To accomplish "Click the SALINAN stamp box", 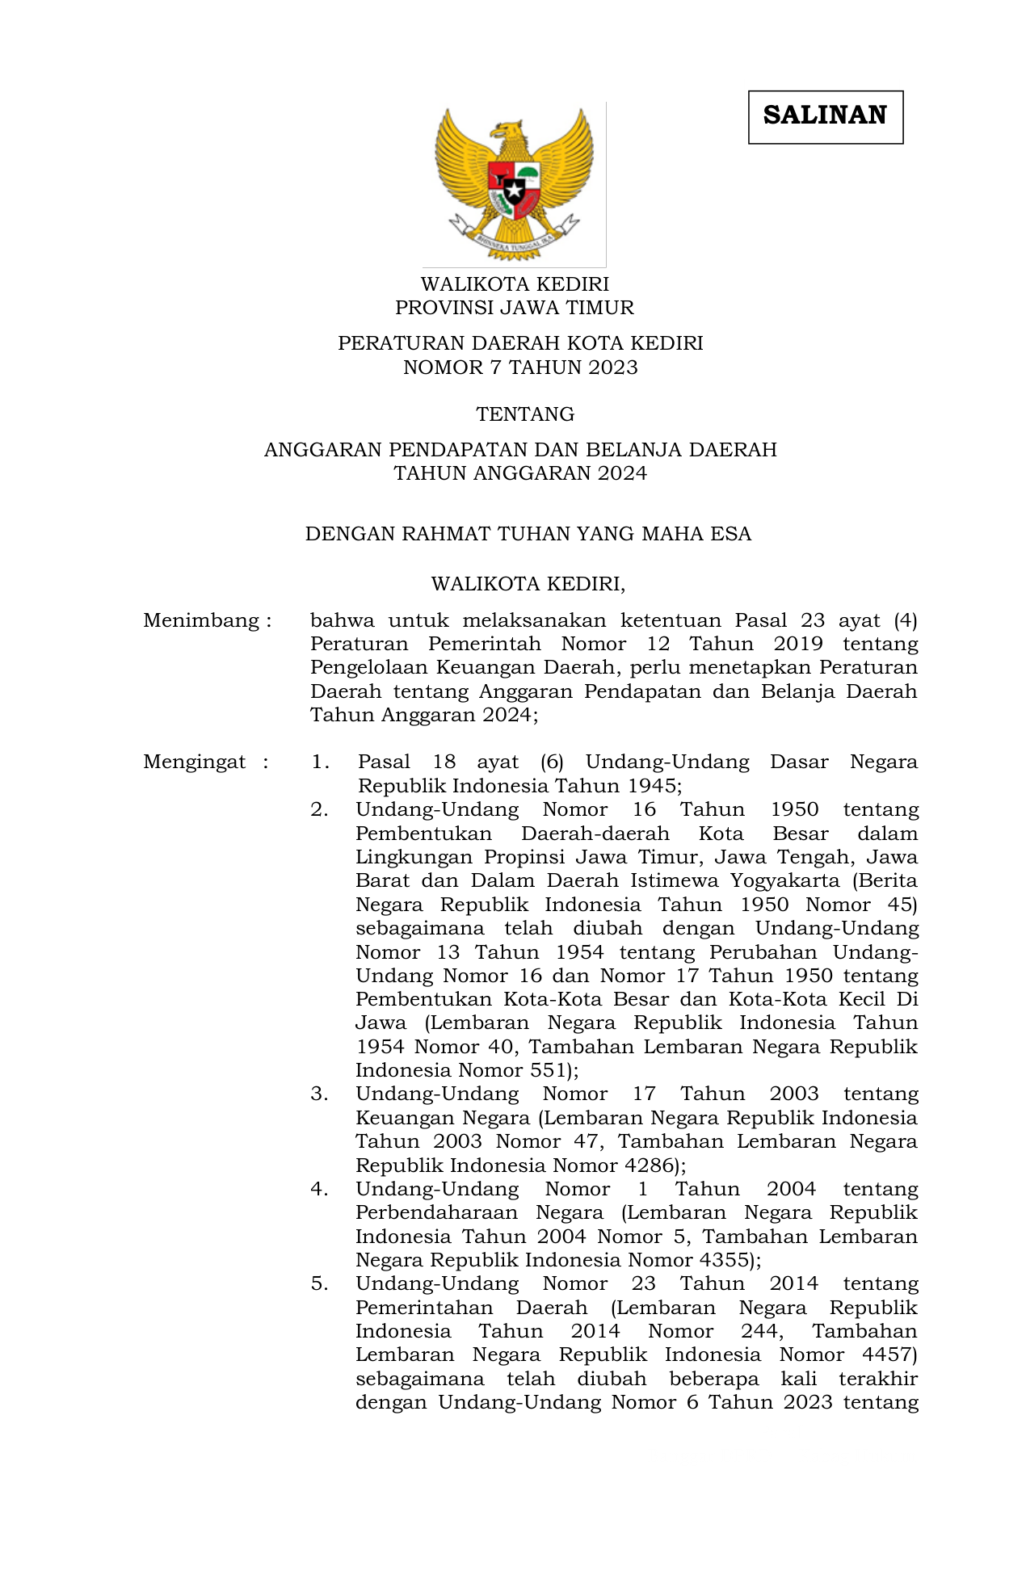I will [825, 117].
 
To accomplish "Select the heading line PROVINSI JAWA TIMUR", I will [514, 308].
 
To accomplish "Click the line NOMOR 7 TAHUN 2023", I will [520, 367].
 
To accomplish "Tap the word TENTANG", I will [525, 414].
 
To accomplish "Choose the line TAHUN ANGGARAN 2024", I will [520, 473].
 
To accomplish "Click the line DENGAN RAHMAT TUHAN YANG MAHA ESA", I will [528, 534].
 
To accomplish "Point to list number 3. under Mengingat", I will [319, 1094].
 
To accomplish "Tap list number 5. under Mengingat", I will [319, 1284].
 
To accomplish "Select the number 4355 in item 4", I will [725, 1260].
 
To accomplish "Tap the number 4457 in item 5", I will [887, 1355].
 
